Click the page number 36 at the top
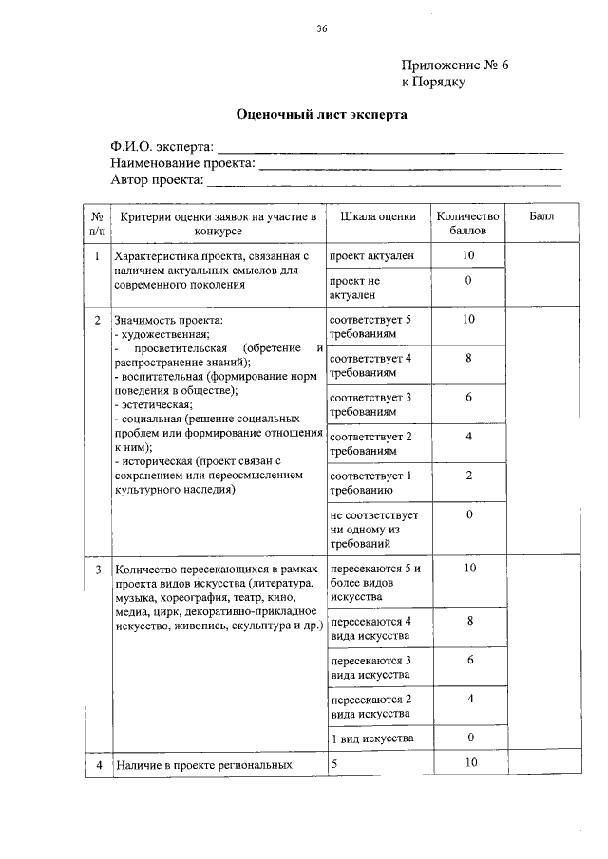pyautogui.click(x=321, y=29)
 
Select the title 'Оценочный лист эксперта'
pyautogui.click(x=321, y=115)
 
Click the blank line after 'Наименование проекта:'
pyautogui.click(x=410, y=166)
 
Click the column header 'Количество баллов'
pyautogui.click(x=467, y=224)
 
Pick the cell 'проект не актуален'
pyautogui.click(x=354, y=289)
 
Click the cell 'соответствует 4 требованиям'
pyautogui.click(x=370, y=366)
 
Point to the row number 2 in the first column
pyautogui.click(x=98, y=320)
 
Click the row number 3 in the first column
pyautogui.click(x=98, y=570)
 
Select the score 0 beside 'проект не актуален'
pyautogui.click(x=468, y=282)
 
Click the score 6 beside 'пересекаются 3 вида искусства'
pyautogui.click(x=468, y=660)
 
